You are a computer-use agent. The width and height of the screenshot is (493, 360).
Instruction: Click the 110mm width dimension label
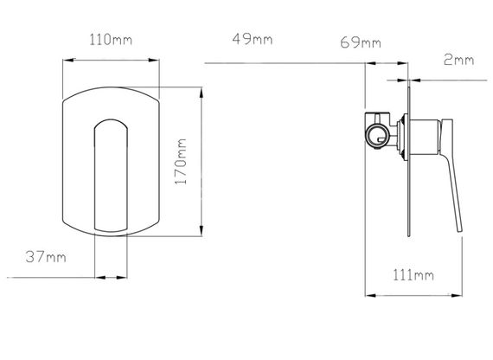pyautogui.click(x=111, y=40)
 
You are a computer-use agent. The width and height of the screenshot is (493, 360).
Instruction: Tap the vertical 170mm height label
pyautogui.click(x=181, y=162)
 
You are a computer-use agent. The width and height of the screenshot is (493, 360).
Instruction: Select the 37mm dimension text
pyautogui.click(x=46, y=257)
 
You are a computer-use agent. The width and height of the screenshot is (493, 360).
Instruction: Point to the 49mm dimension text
pyautogui.click(x=253, y=39)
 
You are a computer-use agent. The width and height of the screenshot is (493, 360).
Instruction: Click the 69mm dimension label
pyautogui.click(x=361, y=42)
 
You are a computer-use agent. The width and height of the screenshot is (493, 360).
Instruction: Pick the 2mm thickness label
pyautogui.click(x=458, y=60)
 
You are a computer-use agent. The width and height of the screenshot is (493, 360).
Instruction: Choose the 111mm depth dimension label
pyautogui.click(x=413, y=275)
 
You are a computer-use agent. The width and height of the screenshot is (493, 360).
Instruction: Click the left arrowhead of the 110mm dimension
pyautogui.click(x=68, y=60)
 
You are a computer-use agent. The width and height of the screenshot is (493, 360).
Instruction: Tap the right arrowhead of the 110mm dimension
pyautogui.click(x=154, y=60)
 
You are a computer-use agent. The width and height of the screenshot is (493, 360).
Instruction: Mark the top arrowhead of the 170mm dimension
pyautogui.click(x=202, y=93)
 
